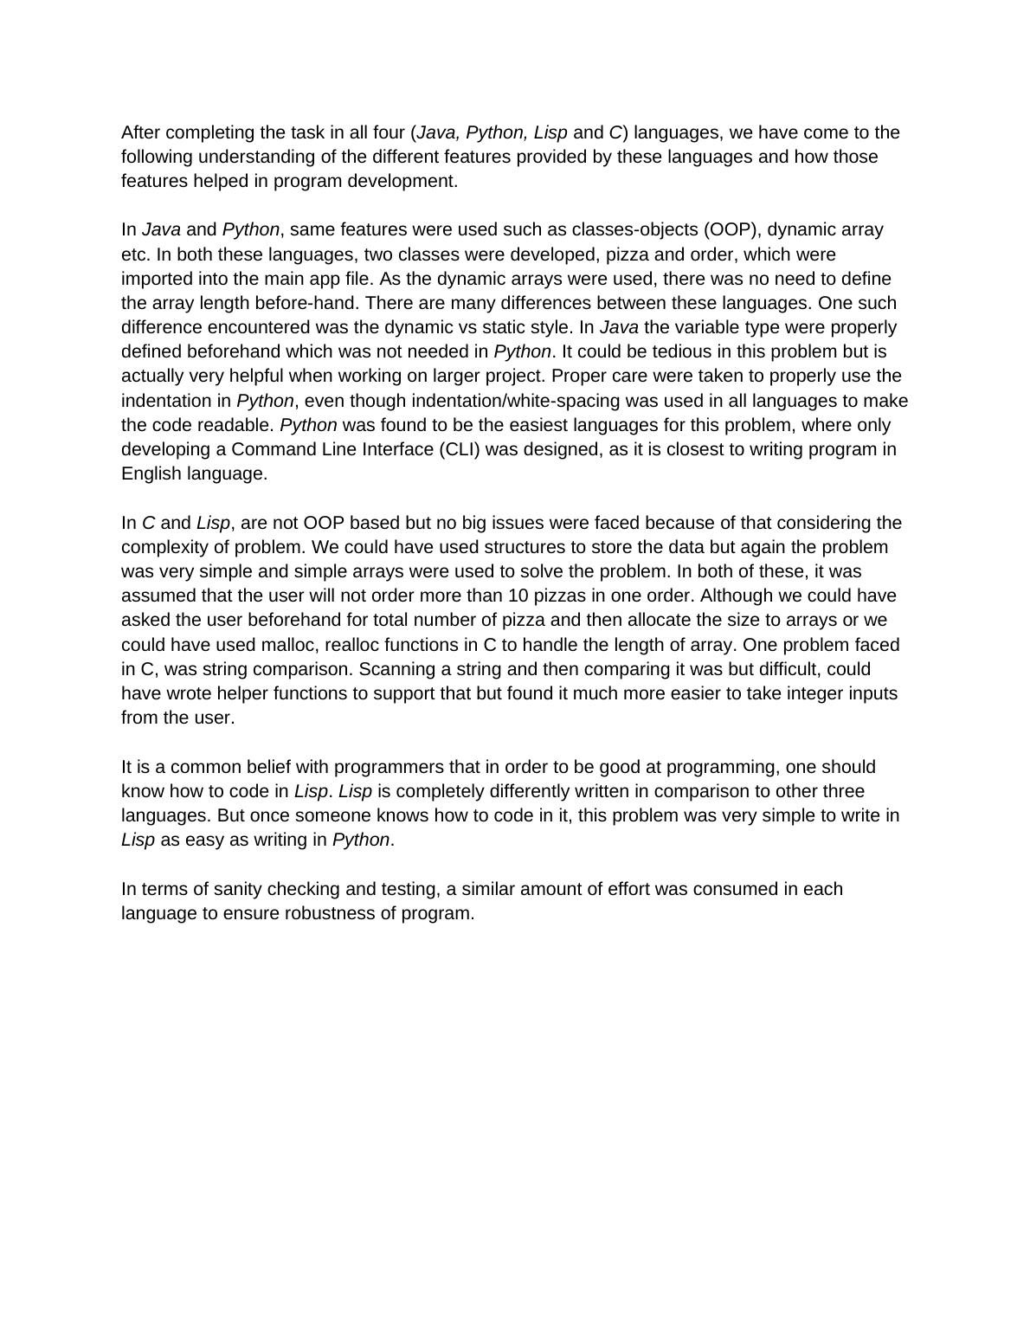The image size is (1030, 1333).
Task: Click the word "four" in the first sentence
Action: pos(389,132)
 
